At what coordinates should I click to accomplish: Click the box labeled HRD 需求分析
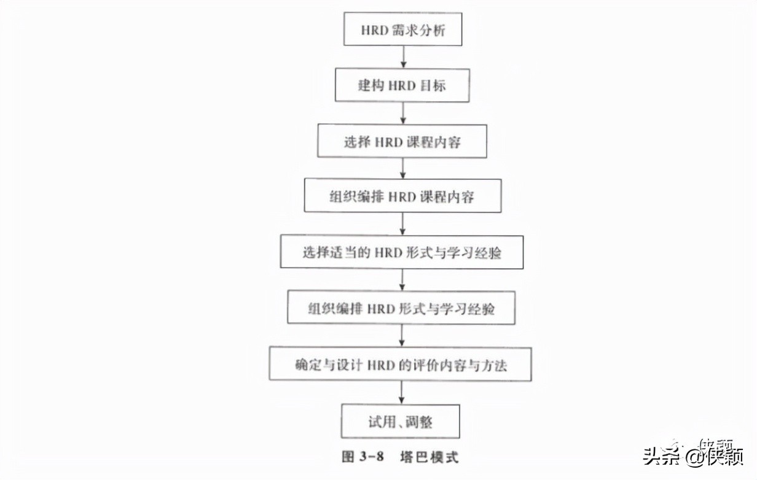click(402, 29)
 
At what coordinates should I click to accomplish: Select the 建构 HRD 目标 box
click(402, 85)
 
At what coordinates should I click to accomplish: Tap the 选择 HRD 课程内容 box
click(402, 142)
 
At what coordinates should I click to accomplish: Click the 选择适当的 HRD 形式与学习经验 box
click(402, 252)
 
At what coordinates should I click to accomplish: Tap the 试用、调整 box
click(401, 421)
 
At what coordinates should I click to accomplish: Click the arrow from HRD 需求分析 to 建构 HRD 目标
click(403, 57)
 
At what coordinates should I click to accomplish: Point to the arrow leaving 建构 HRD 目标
click(403, 113)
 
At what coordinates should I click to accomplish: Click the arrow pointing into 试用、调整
click(402, 393)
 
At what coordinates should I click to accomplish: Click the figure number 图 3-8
click(363, 457)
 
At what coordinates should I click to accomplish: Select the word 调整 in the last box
click(428, 421)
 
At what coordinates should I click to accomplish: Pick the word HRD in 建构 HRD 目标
click(402, 85)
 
